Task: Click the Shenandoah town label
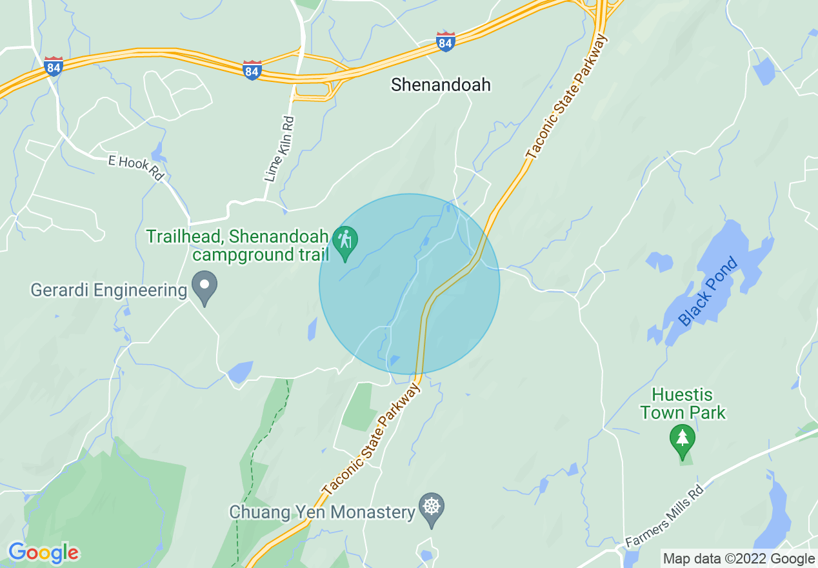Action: click(441, 85)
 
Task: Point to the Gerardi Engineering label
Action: click(108, 290)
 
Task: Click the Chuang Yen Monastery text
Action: click(322, 512)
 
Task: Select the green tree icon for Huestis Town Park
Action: click(683, 440)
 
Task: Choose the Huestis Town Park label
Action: click(683, 403)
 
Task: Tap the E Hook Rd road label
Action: click(136, 168)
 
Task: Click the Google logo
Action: click(44, 553)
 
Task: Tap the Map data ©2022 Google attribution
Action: click(739, 559)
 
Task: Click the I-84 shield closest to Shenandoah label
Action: click(445, 43)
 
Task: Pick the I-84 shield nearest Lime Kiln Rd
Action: click(252, 70)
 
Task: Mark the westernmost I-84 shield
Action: click(54, 66)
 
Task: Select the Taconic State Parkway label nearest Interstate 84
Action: click(568, 97)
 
